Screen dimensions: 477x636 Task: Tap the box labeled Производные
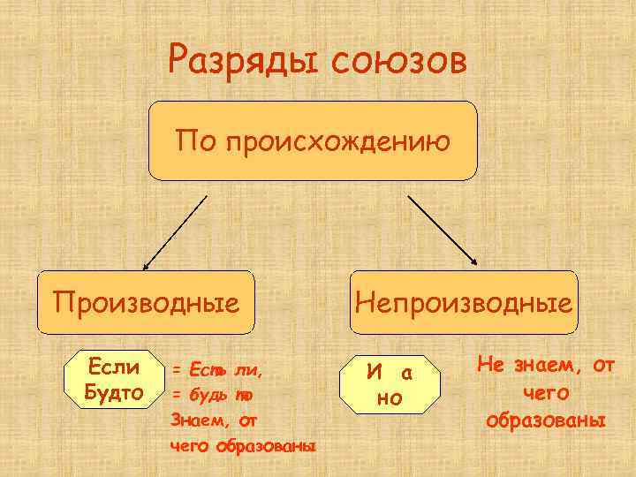(147, 303)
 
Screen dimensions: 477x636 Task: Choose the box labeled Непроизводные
(464, 303)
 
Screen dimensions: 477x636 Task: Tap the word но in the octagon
(389, 398)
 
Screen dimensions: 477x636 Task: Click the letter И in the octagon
(375, 373)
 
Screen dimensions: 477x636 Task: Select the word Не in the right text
(491, 364)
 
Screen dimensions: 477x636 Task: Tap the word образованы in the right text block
(547, 419)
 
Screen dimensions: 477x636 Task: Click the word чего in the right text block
(546, 391)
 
